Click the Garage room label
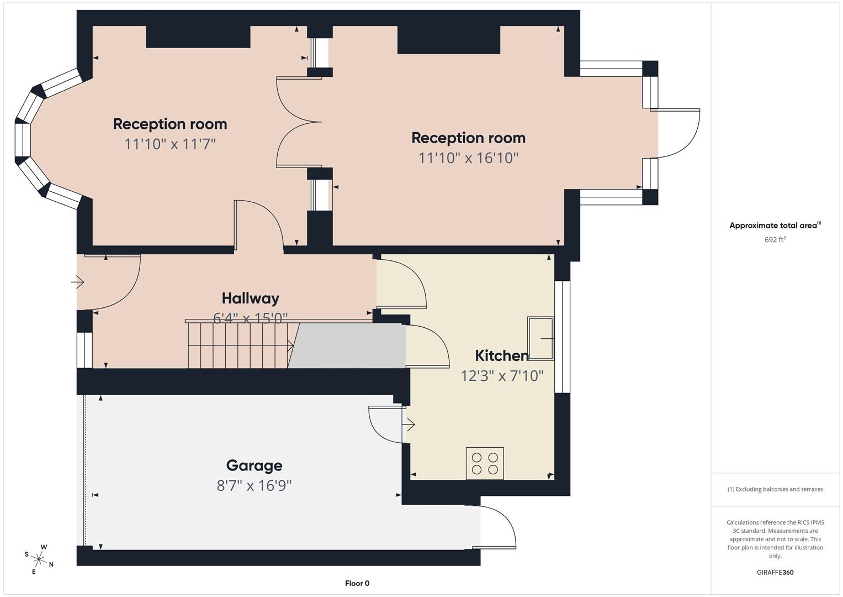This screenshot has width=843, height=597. (254, 465)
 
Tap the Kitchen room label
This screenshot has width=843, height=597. (501, 355)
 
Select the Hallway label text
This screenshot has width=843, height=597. (250, 298)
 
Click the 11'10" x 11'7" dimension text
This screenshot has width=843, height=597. (170, 144)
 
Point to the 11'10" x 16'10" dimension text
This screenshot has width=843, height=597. (468, 158)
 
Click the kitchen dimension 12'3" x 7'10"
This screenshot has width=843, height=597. (502, 376)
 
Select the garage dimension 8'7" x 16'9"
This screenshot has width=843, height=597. (254, 486)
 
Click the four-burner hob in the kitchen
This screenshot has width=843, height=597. (485, 463)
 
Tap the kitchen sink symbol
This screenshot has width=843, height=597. (540, 338)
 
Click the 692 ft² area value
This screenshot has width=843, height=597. (775, 240)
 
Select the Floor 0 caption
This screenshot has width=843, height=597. (357, 583)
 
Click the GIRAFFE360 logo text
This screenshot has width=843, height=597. (775, 572)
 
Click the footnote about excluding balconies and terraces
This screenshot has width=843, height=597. (775, 489)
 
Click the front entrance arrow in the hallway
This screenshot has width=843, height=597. (77, 282)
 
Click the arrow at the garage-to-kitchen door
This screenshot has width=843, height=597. (409, 425)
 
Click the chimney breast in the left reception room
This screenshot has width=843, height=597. (198, 36)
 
